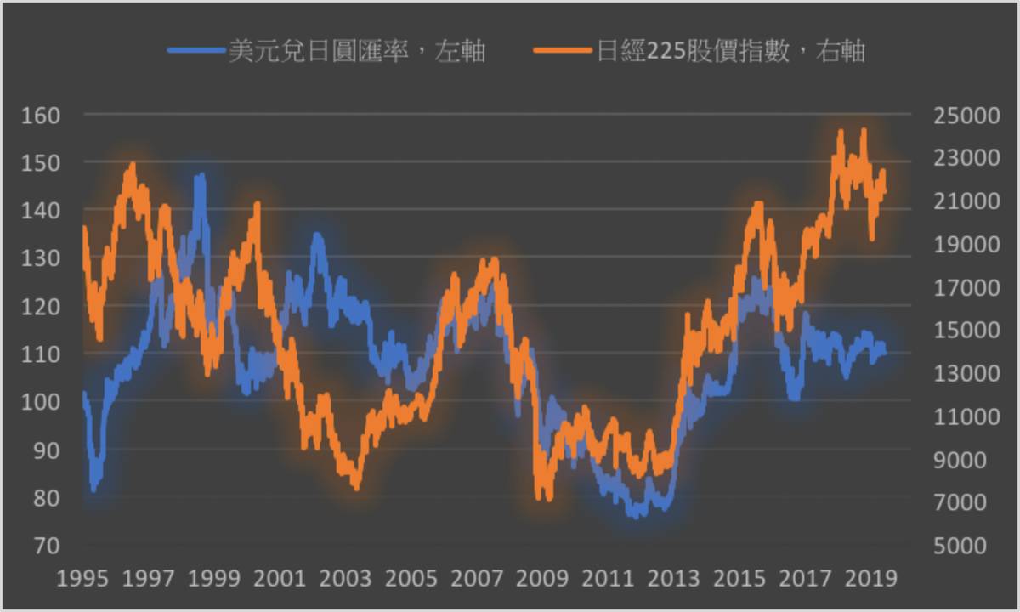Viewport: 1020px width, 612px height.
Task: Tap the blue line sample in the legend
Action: click(197, 51)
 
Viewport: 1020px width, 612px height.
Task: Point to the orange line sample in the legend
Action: click(564, 51)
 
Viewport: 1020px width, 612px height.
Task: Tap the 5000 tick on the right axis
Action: click(959, 546)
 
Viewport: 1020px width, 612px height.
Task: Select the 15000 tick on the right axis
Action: click(959, 330)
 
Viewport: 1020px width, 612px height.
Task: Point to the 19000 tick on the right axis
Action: click(959, 244)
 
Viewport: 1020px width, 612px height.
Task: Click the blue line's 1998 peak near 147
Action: click(201, 177)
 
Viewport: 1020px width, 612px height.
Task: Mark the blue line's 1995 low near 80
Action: click(94, 488)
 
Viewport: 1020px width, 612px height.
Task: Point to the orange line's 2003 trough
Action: click(355, 486)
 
